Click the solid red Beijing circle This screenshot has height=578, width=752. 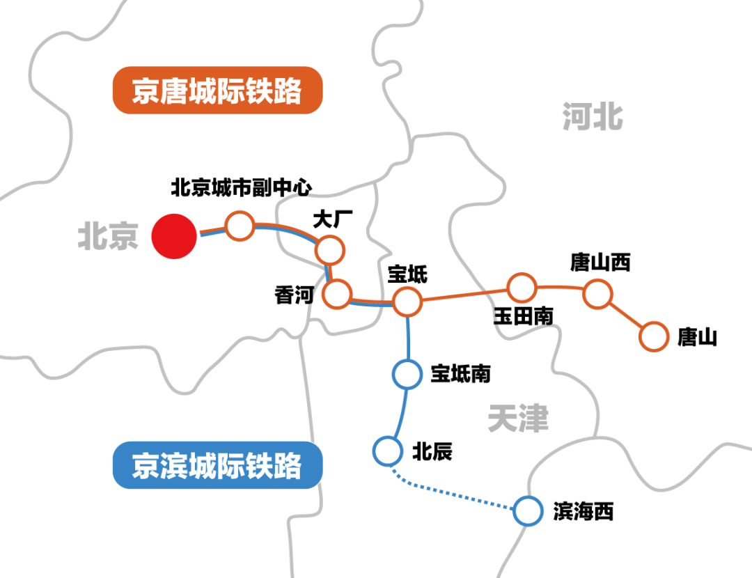point(174,236)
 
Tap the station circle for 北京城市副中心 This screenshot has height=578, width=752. point(239,226)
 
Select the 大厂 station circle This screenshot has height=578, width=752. point(329,249)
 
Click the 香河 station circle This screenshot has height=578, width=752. point(338,295)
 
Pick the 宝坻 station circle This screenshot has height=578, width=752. point(407,302)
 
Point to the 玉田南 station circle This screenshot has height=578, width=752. point(521,287)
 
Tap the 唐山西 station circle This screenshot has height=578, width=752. point(597,294)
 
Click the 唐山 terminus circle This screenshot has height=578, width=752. point(653,337)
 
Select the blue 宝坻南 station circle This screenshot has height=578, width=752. point(407,374)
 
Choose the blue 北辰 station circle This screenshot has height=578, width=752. point(387,451)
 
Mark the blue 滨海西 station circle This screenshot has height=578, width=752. point(527,511)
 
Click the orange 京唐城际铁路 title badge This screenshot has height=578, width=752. point(217,91)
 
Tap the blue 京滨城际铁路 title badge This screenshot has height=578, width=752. point(217,465)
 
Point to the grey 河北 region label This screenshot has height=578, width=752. point(593,116)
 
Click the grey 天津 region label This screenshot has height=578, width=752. point(518,419)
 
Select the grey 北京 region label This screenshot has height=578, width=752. point(108,237)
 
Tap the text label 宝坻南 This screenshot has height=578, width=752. point(461,374)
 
